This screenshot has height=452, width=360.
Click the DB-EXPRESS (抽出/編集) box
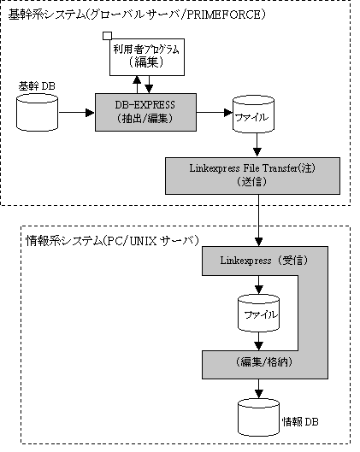tap(145, 112)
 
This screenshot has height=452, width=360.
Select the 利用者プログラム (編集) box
tap(147, 57)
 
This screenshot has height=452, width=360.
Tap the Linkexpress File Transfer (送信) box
tap(252, 176)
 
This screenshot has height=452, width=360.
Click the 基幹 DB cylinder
tap(37, 113)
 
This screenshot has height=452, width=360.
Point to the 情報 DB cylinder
tap(259, 418)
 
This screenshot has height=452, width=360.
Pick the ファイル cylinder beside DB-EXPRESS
tap(253, 114)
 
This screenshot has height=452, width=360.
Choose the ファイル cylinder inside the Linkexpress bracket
tap(258, 313)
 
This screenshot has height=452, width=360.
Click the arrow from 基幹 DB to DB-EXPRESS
tap(76, 113)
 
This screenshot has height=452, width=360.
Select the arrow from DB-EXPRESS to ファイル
tap(215, 113)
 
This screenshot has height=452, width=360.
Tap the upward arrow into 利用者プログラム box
tap(137, 85)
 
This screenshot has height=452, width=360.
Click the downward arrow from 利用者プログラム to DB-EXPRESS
tap(149, 85)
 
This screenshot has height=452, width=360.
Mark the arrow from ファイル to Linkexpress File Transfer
tap(257, 144)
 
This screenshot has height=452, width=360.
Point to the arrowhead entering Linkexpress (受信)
tap(259, 242)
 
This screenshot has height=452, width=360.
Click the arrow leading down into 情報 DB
tap(259, 389)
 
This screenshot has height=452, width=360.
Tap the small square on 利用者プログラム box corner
tap(107, 36)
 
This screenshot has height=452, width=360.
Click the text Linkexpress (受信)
tap(264, 261)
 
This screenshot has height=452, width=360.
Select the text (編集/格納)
tap(264, 361)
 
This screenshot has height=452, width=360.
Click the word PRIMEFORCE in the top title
tap(224, 15)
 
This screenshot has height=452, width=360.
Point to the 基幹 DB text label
tap(37, 86)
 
